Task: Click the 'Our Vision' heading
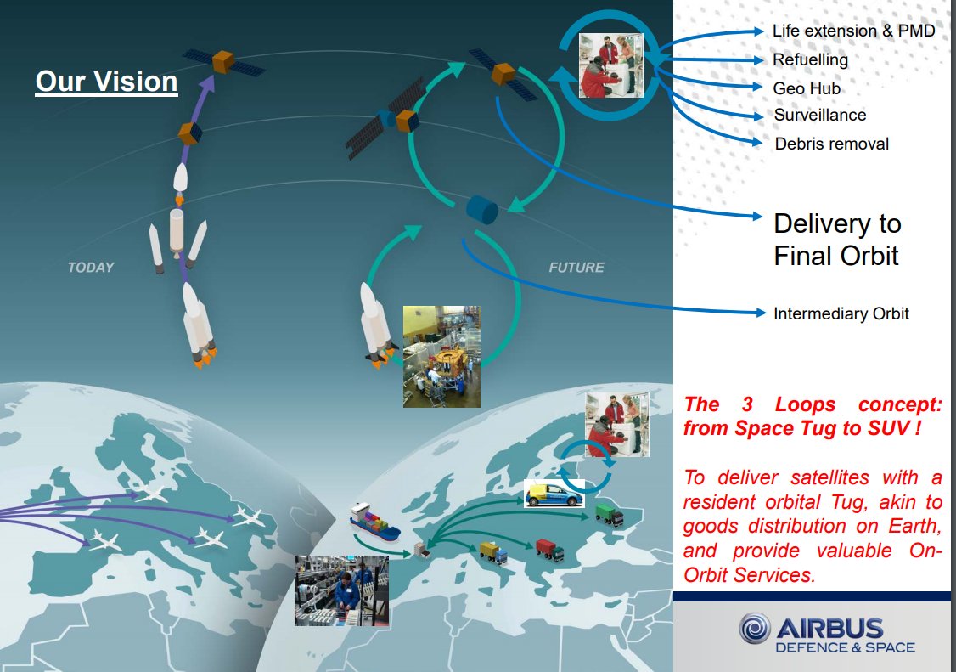pyautogui.click(x=106, y=82)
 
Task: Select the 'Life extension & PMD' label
pyautogui.click(x=853, y=31)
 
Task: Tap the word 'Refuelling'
pyautogui.click(x=810, y=59)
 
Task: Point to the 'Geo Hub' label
pyautogui.click(x=807, y=88)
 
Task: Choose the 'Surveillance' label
pyautogui.click(x=820, y=115)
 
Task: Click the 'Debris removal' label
pyautogui.click(x=831, y=144)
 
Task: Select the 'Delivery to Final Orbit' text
pyautogui.click(x=836, y=240)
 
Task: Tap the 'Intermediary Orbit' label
pyautogui.click(x=841, y=313)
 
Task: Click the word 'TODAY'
pyautogui.click(x=91, y=267)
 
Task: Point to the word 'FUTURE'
pyautogui.click(x=576, y=267)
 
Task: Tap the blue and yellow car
pyautogui.click(x=553, y=494)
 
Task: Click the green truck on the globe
pyautogui.click(x=607, y=514)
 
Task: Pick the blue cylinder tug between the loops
pyautogui.click(x=481, y=210)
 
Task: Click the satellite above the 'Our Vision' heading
pyautogui.click(x=222, y=61)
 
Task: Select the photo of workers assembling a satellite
pyautogui.click(x=441, y=357)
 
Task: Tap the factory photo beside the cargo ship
pyautogui.click(x=341, y=590)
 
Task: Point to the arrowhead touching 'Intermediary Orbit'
pyautogui.click(x=761, y=313)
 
